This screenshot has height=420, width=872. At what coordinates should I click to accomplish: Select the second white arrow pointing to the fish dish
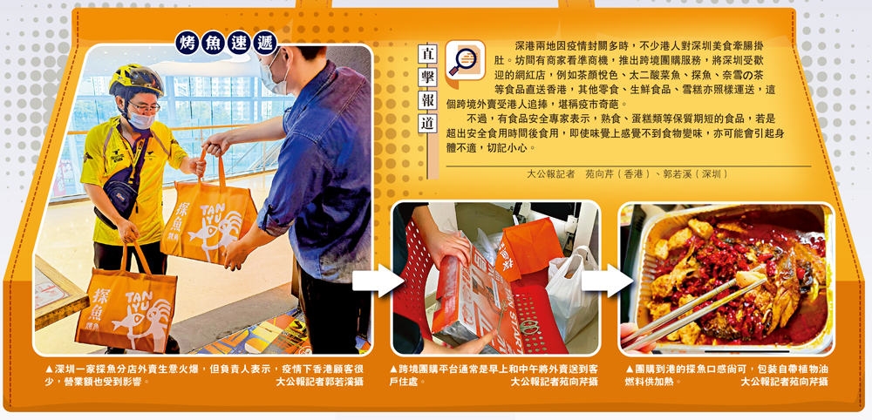coord(607,281)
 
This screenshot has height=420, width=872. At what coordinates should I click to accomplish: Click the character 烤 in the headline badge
coord(187,43)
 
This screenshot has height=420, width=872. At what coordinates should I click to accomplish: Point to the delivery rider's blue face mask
coord(140,119)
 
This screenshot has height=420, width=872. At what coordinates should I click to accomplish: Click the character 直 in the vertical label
coord(426,55)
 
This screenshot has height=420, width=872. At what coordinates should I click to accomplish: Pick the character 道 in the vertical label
coord(426,124)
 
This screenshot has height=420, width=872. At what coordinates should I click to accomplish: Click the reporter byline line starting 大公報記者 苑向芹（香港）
coord(628,174)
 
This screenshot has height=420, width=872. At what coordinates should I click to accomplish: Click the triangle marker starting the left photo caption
coord(50,369)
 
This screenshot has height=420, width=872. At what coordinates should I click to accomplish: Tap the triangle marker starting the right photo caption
coord(630,369)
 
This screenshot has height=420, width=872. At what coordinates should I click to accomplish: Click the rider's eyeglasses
coord(144,105)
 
